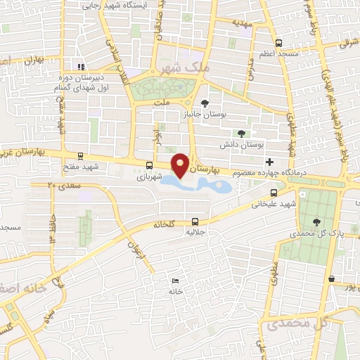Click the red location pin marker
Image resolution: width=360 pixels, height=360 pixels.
[180, 165]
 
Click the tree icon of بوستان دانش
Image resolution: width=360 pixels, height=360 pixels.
[242, 133]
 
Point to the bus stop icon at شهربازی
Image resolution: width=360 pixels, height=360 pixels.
[148, 166]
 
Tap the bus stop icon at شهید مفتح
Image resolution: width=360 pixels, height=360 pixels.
[81, 156]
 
